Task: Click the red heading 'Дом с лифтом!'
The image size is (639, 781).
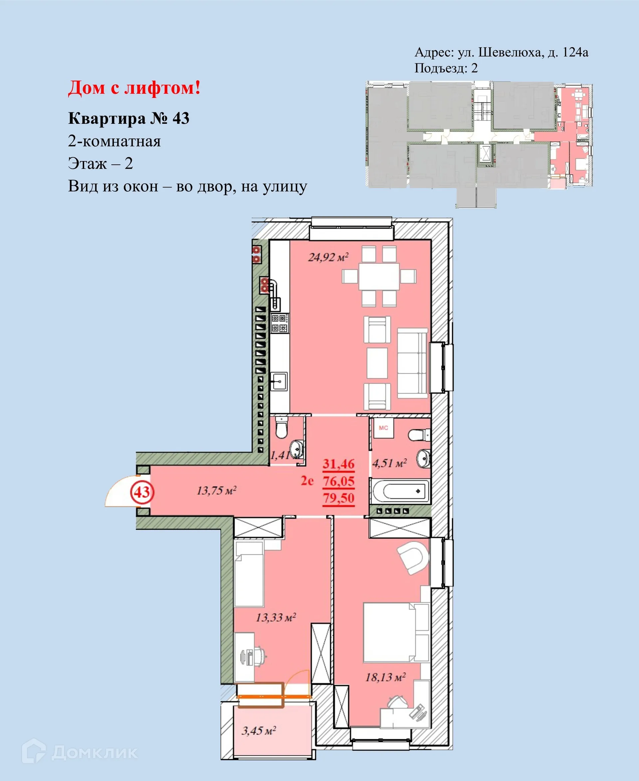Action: click(134, 88)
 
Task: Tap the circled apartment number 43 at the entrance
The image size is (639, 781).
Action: click(142, 492)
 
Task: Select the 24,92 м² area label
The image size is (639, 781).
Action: click(328, 257)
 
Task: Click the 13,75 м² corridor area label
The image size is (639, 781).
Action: click(216, 490)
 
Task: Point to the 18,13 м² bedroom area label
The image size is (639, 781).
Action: click(385, 677)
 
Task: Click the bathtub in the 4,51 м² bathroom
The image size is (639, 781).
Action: click(400, 491)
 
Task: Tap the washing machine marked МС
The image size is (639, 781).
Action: click(383, 428)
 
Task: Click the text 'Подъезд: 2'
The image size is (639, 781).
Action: click(446, 68)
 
